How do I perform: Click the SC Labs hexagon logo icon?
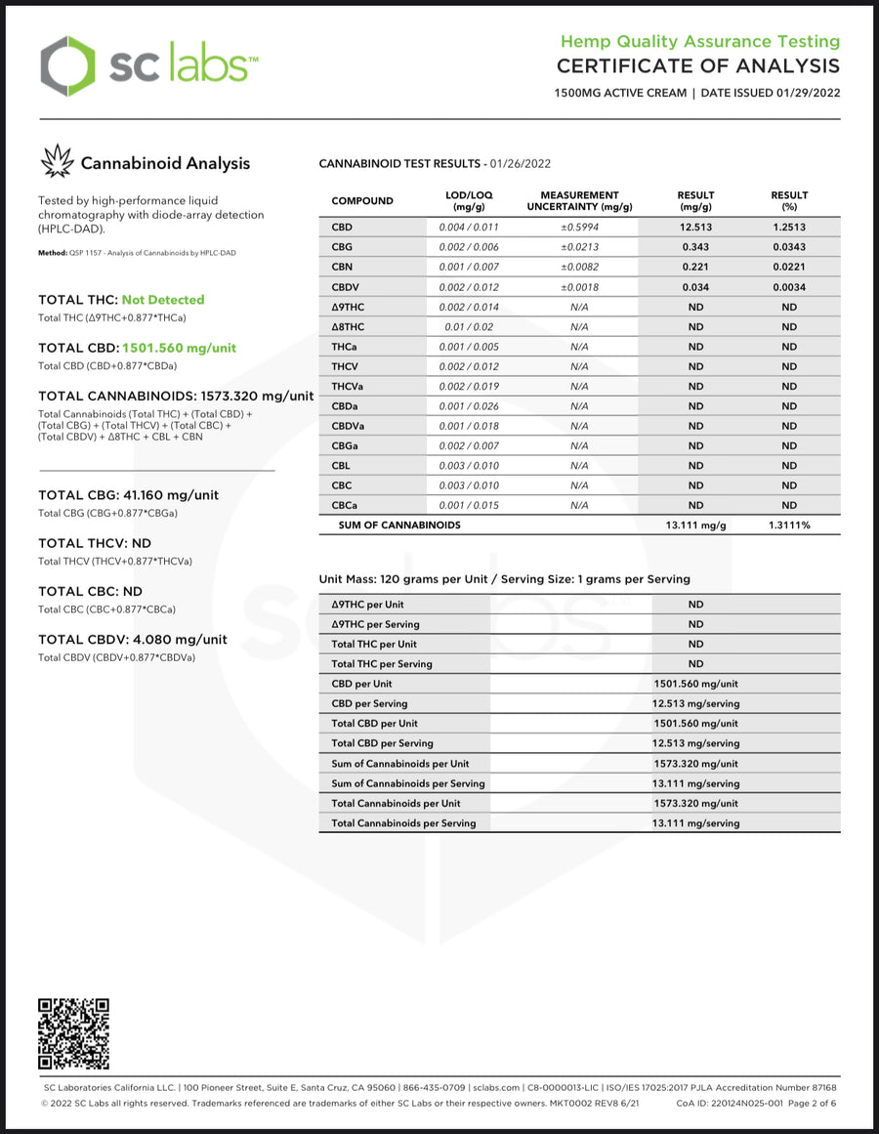[x=68, y=66]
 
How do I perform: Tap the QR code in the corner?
[x=73, y=1033]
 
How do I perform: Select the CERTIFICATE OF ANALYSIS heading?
[x=697, y=66]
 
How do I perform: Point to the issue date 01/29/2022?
[x=808, y=94]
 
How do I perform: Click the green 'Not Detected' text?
[x=163, y=300]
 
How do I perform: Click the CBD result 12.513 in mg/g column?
[x=695, y=228]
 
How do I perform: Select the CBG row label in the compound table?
[x=342, y=247]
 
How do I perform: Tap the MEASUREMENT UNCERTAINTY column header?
[x=579, y=201]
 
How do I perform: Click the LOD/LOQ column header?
[x=469, y=201]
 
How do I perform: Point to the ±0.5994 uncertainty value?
[x=579, y=228]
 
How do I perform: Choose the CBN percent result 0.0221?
[x=789, y=267]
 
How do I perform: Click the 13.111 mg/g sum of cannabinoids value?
[x=695, y=525]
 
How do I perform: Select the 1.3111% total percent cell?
[x=789, y=525]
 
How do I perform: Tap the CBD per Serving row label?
[x=370, y=703]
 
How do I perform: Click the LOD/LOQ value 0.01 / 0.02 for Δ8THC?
[x=469, y=327]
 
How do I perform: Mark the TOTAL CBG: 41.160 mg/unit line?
[x=128, y=495]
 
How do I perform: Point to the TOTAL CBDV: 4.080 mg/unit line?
[x=133, y=640]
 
